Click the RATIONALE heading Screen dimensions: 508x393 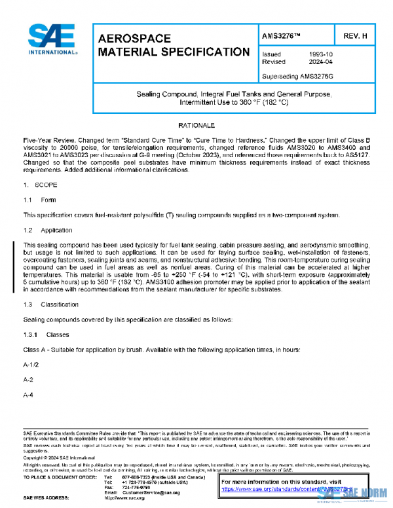pyautogui.click(x=196, y=124)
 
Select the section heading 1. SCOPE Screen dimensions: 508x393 pyautogui.click(x=41, y=185)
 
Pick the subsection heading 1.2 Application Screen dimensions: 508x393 pyautogui.click(x=47, y=230)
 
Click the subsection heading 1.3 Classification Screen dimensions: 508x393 pyautogui.click(x=50, y=304)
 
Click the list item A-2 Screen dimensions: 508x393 pyautogui.click(x=29, y=379)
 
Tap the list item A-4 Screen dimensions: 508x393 pyautogui.click(x=29, y=394)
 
